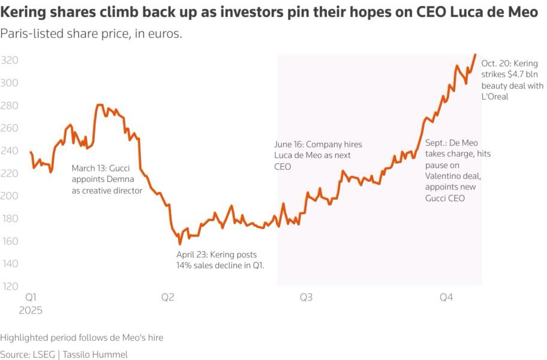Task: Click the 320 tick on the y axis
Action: click(x=9, y=61)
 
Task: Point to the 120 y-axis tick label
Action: click(x=9, y=286)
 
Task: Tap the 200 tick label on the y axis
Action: click(x=9, y=196)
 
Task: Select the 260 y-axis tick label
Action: click(x=9, y=128)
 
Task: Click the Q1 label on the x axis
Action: click(x=31, y=298)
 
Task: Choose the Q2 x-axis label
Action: click(x=168, y=298)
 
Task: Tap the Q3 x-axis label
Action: click(x=306, y=298)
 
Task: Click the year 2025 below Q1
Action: click(x=31, y=311)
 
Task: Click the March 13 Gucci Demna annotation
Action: click(x=107, y=179)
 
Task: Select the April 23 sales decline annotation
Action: click(x=220, y=260)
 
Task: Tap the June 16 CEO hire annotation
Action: click(x=317, y=155)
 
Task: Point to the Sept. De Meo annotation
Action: click(x=457, y=170)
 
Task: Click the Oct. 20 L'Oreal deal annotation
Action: click(x=512, y=80)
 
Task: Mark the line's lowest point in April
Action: click(x=179, y=244)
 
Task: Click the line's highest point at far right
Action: click(x=476, y=55)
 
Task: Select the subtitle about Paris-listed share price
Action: click(x=91, y=34)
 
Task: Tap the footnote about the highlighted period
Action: click(x=82, y=338)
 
